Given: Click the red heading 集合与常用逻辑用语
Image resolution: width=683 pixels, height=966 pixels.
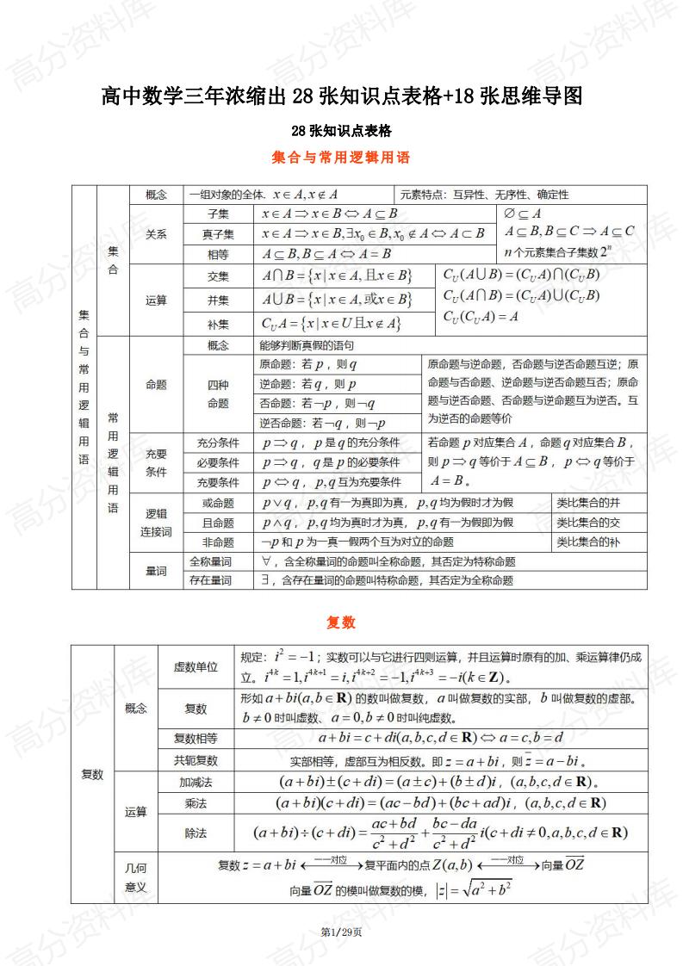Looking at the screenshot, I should click(x=340, y=158).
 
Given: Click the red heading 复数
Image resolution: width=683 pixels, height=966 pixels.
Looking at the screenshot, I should click(x=341, y=622).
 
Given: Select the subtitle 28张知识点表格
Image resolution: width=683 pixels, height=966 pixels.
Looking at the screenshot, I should click(x=341, y=131).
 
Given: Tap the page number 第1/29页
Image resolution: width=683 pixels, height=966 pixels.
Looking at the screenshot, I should click(x=341, y=932).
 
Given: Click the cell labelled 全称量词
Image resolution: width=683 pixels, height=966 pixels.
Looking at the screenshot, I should click(x=211, y=561).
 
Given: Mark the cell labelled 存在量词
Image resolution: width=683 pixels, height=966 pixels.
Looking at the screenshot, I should click(x=211, y=580).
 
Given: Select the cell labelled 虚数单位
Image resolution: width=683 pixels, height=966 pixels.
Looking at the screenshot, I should click(x=196, y=666).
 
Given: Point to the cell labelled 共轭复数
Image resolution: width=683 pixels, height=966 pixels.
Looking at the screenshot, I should click(x=196, y=760).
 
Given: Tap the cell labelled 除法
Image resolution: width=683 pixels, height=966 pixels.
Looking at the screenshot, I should click(x=196, y=833).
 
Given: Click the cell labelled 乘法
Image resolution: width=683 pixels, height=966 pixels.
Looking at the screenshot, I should click(x=196, y=803).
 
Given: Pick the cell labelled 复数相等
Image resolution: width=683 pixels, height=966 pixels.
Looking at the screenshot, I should click(x=196, y=738).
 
